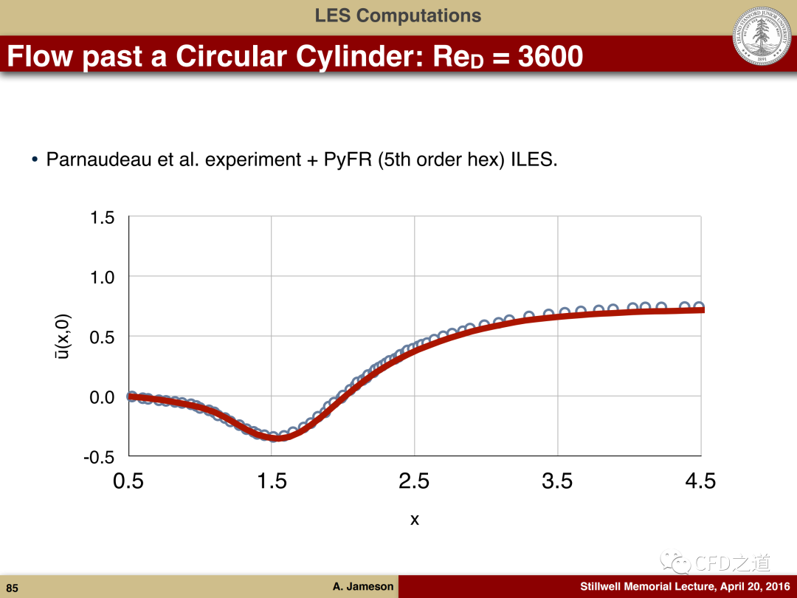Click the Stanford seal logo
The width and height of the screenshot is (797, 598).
pos(762,35)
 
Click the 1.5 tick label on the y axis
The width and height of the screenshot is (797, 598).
pos(103,218)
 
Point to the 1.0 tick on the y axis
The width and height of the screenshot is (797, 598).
pos(103,278)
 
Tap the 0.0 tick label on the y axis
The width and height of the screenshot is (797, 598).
pos(103,397)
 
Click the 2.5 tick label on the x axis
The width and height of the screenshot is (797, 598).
pos(414,481)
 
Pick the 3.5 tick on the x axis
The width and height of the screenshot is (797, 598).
pos(557,481)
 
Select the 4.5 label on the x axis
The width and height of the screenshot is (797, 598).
pos(700,481)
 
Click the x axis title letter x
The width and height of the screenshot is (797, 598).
pos(415,520)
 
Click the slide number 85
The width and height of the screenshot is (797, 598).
pos(12,588)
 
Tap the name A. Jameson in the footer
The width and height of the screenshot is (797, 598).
pos(363,587)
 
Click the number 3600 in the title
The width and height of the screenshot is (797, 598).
pos(550,56)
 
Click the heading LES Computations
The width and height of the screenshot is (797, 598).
pos(398,16)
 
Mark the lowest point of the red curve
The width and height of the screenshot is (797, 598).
pos(277,438)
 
